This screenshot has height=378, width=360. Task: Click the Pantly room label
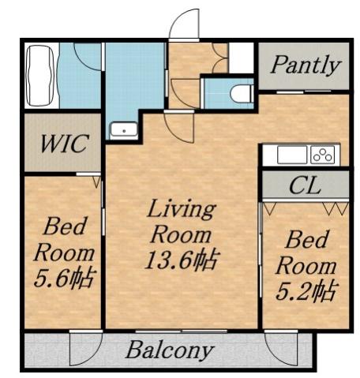pyautogui.click(x=305, y=65)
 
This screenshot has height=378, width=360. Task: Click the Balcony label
pyautogui.click(x=170, y=350)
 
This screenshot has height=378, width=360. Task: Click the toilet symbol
pyautogui.click(x=241, y=94)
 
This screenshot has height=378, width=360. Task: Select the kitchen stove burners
pyautogui.click(x=322, y=154)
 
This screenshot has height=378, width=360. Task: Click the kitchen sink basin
pyautogui.click(x=289, y=154)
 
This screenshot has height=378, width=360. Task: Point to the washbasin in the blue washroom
pyautogui.click(x=123, y=130)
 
